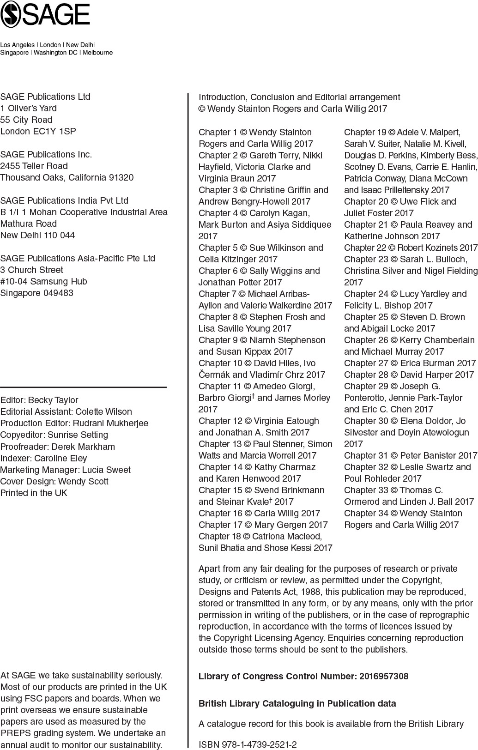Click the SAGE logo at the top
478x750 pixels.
click(45, 13)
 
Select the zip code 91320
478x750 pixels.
click(121, 177)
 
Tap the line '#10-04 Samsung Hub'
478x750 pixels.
click(43, 281)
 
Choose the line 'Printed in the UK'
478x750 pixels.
click(34, 493)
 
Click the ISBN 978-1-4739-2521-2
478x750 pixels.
click(261, 744)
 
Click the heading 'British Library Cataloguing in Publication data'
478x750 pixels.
click(297, 703)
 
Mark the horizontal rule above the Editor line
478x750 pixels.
click(83, 387)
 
